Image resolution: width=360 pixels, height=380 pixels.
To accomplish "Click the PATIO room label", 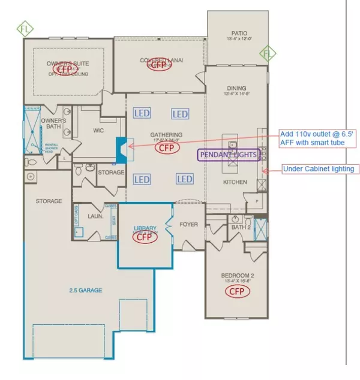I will tap(239, 33).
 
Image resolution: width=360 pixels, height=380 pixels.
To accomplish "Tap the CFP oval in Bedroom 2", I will tap(238, 291).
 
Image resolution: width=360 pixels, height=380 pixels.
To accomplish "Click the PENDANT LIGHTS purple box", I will tap(229, 155).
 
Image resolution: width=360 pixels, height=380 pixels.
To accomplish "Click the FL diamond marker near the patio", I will tap(268, 55).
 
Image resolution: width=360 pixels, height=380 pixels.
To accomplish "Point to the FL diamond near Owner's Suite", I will tap(24, 28).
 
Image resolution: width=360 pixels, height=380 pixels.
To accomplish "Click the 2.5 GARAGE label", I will tap(85, 290).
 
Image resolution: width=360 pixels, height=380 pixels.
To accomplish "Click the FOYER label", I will tap(188, 227).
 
